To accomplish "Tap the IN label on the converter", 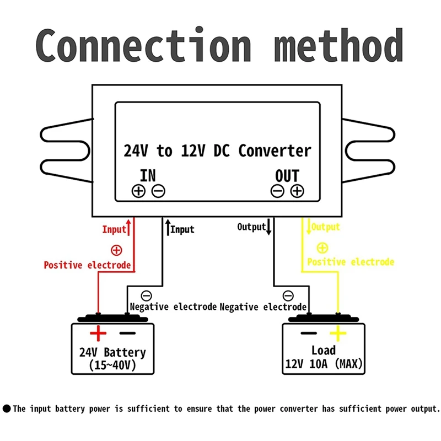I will coord(148,176).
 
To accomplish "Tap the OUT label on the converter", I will coord(287,176).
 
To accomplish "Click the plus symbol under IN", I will coord(138,191).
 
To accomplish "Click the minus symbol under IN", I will coord(158,191).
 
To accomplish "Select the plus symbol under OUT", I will coord(297,191).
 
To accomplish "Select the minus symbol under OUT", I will coord(277,191).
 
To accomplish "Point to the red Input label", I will coord(114,229).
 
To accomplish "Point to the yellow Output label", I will coord(326,227).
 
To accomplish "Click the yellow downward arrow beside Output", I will coord(309,228).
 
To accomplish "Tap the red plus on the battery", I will coord(98,334).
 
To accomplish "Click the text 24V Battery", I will coord(112,352).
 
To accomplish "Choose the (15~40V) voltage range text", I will coord(112,365).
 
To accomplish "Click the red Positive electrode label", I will coord(87,265).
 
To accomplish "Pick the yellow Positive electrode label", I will coord(351,262).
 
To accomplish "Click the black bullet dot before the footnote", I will coord(7,409).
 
